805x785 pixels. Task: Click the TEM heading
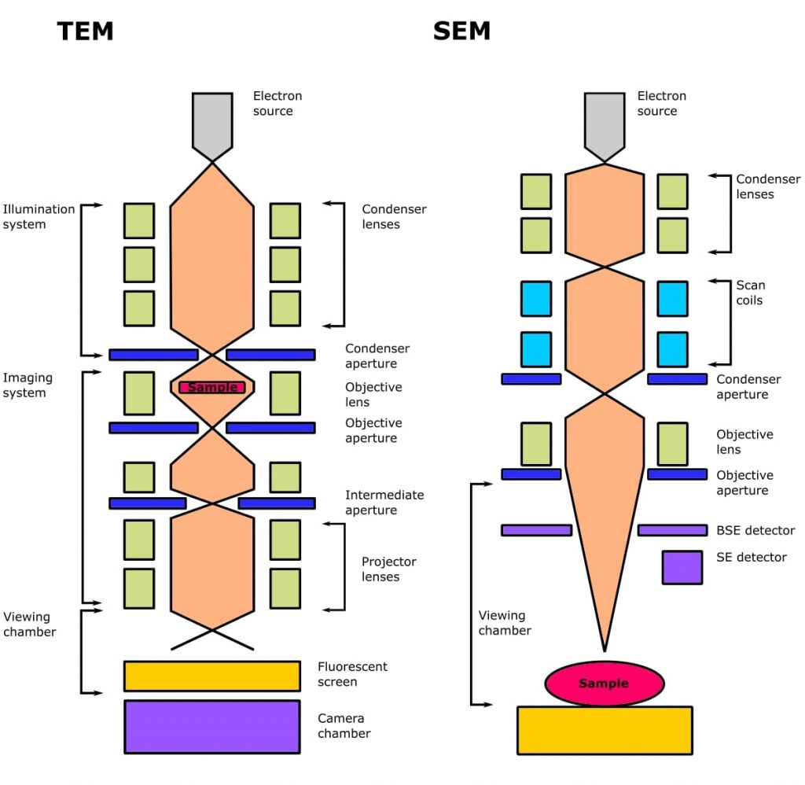[x=85, y=31]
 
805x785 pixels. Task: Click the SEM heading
[x=461, y=31]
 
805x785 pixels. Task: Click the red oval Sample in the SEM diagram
[x=604, y=683]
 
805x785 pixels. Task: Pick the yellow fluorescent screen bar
[x=212, y=676]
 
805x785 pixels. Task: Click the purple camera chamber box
[x=212, y=727]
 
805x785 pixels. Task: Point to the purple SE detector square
[x=682, y=567]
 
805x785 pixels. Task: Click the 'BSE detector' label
[x=755, y=531]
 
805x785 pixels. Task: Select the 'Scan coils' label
[x=750, y=293]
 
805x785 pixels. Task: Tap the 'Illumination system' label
[x=39, y=217]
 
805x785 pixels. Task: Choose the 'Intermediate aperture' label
[x=384, y=503]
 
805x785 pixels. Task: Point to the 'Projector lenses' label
[x=389, y=569]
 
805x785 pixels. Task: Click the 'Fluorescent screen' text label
[x=352, y=674]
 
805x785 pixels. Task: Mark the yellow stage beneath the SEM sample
[x=604, y=730]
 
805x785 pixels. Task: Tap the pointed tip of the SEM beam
[x=604, y=649]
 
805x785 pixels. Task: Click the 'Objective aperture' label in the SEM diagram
[x=744, y=483]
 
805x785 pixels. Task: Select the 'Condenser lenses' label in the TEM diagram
[x=394, y=217]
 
